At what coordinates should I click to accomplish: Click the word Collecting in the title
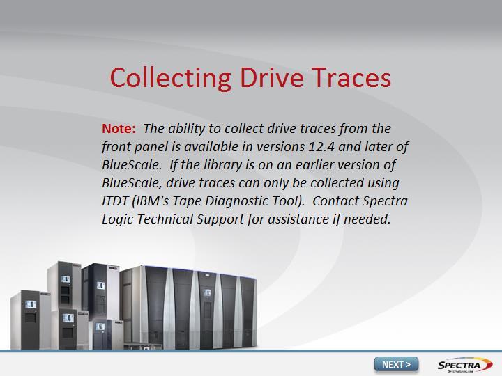pos(171,79)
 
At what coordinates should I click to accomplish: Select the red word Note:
pos(119,129)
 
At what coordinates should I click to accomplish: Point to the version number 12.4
pos(321,147)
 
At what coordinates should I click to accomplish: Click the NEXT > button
pos(396,364)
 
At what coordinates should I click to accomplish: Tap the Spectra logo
pos(465,365)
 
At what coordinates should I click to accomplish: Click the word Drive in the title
pos(271,78)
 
